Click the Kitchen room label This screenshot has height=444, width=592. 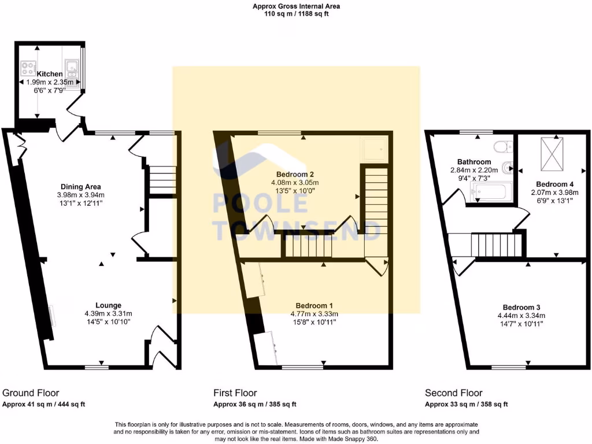(x=50, y=75)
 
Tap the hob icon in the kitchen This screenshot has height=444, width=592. (x=27, y=69)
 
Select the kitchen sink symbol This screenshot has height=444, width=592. (x=72, y=69)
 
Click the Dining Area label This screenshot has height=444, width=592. (x=81, y=187)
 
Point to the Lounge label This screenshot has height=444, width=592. (x=108, y=305)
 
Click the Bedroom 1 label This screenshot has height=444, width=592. (x=314, y=305)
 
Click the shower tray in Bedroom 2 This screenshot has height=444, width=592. (x=372, y=150)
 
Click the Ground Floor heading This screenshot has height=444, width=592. (x=31, y=393)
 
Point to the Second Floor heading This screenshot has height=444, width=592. (x=453, y=393)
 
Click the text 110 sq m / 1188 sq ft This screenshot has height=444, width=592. (x=296, y=14)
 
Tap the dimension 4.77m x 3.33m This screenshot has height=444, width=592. (x=314, y=314)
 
